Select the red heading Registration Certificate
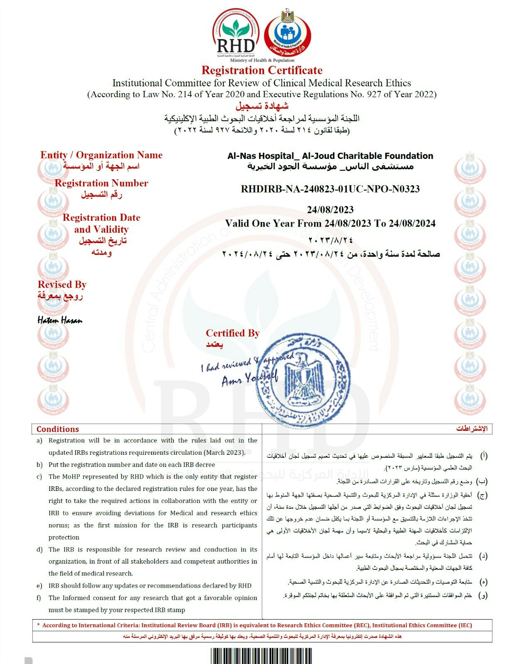(262, 70)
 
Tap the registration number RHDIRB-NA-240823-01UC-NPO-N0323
(330, 189)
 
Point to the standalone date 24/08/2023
(330, 210)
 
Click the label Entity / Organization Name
(101, 155)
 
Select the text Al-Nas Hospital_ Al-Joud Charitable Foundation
(330, 156)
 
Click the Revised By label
(62, 285)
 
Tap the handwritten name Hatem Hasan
(60, 320)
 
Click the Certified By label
(233, 333)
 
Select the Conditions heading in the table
(57, 429)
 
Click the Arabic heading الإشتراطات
(472, 429)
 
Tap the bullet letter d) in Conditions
(39, 549)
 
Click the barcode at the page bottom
(262, 656)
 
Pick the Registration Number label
(101, 183)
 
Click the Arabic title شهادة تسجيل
(262, 106)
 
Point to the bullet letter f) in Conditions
(39, 598)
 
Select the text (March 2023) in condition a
(224, 452)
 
